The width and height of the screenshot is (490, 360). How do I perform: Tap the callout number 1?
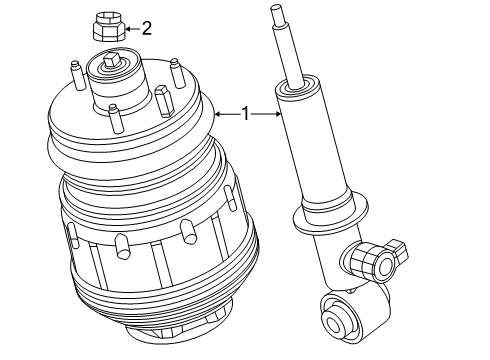pyautogui.click(x=245, y=114)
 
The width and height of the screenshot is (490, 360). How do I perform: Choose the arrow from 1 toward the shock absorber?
pyautogui.click(x=265, y=114)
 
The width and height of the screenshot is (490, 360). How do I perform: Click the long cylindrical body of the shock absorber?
pyautogui.click(x=309, y=150)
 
